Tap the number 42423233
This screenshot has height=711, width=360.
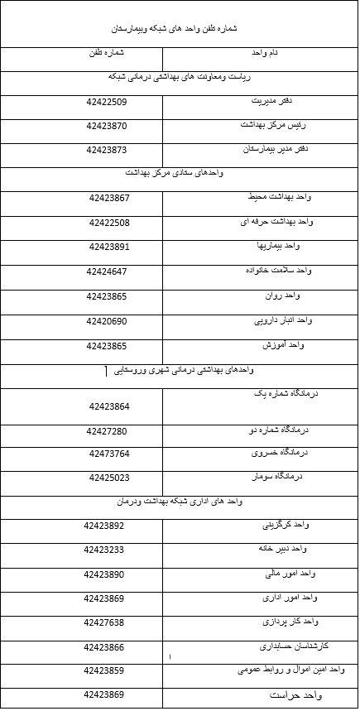tap(104, 550)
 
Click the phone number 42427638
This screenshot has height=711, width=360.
tap(104, 622)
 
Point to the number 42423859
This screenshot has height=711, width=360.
tap(104, 670)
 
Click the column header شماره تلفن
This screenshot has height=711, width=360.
tap(105, 54)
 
